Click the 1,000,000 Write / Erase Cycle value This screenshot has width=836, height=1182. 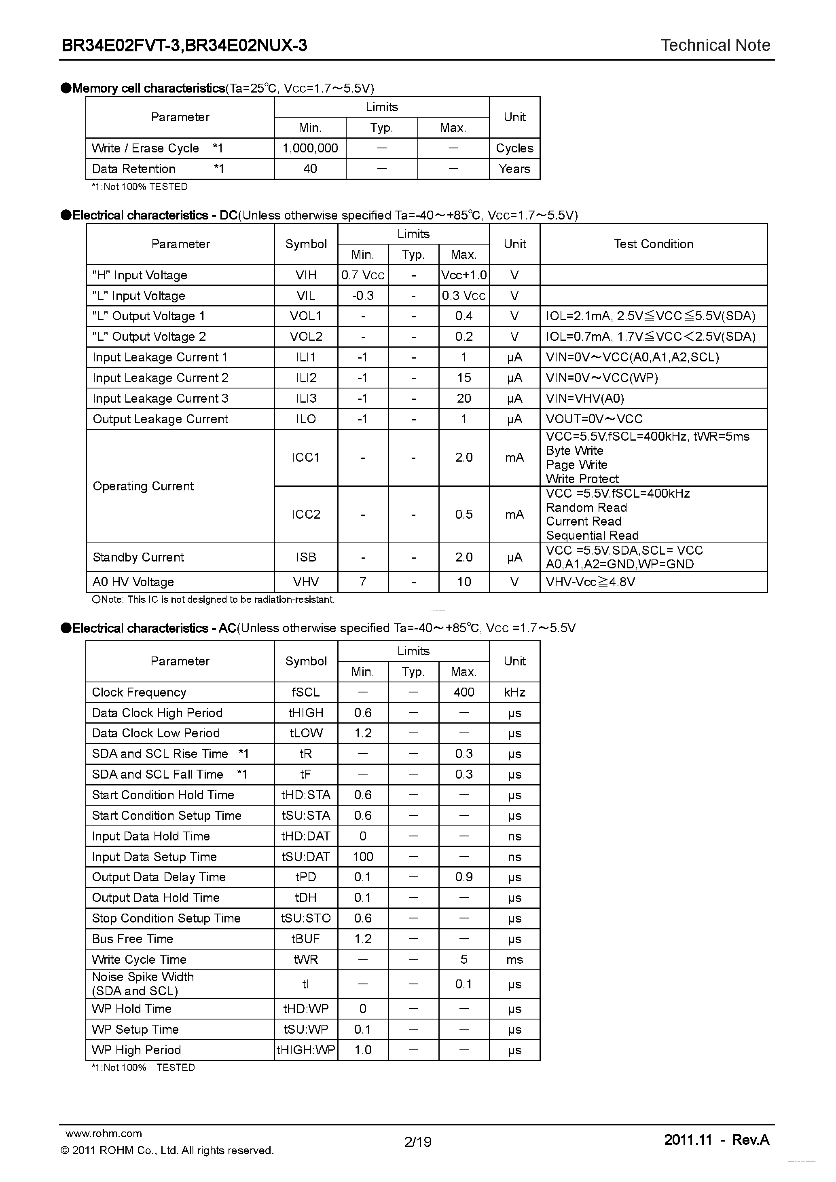point(310,148)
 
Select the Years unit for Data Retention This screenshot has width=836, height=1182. point(514,169)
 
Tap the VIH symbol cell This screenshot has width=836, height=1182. point(306,275)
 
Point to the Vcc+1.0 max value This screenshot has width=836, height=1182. point(464,275)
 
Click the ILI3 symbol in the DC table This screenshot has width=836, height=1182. point(306,399)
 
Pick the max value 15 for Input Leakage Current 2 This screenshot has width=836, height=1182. point(464,378)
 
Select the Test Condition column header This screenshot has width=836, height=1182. point(653,244)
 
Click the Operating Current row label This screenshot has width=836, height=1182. point(143,486)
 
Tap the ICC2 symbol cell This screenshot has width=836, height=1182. point(306,514)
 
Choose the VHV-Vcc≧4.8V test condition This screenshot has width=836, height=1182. point(590,582)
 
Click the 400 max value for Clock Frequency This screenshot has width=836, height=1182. point(464,692)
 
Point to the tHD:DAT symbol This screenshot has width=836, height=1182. point(306,836)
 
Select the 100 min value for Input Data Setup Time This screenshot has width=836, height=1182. point(363,857)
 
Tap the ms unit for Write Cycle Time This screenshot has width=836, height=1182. point(514,960)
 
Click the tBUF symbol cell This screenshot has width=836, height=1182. point(306,939)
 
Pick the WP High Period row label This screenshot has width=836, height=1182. point(136,1050)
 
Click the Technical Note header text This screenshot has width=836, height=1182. point(715,45)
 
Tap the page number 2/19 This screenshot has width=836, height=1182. point(418,1142)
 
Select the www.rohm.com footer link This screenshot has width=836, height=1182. point(104,1133)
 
